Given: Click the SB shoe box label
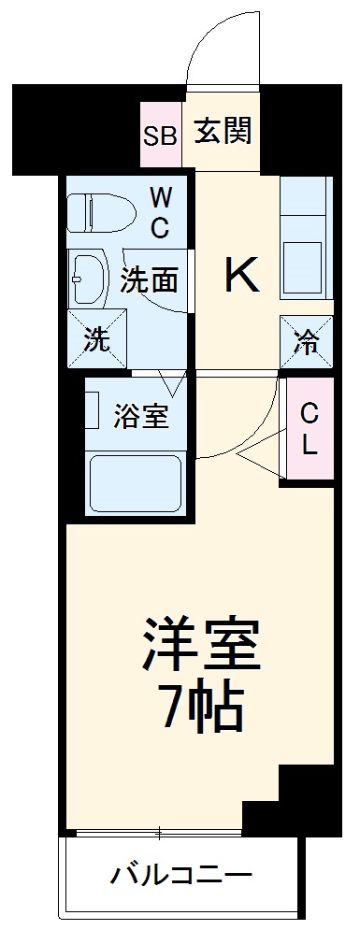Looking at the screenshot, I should pos(159,136).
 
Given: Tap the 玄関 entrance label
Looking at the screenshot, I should pos(223,132).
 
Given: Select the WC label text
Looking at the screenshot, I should pos(160,212).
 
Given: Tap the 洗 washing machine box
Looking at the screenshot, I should pos(94,340).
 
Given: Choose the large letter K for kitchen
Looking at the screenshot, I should pos(239,275).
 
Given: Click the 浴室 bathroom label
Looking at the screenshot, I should pos(142,417).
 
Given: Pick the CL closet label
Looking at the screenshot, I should pos(309,428).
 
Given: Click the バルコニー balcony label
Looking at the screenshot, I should pos(182,876).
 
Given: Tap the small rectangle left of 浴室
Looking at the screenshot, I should pos(93,409).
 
